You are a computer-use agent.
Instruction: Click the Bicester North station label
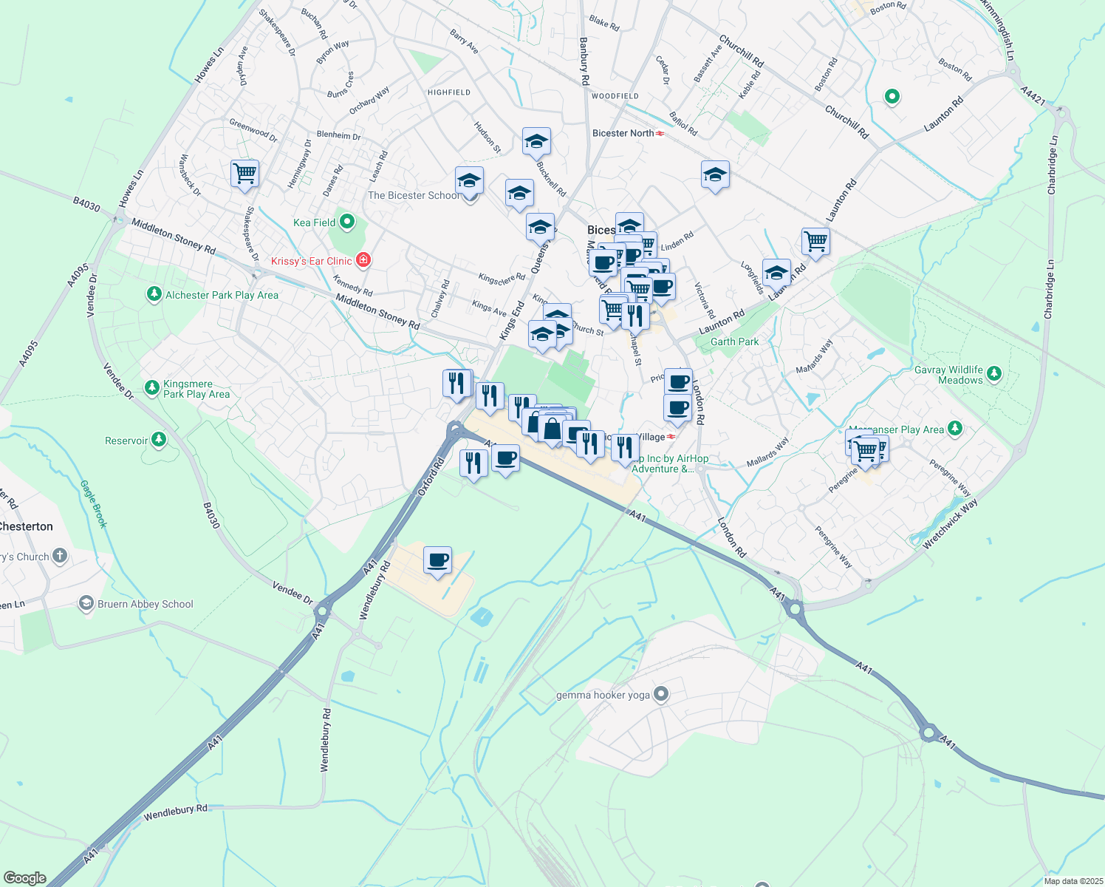(x=623, y=133)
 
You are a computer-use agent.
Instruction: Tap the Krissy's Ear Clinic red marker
(x=363, y=260)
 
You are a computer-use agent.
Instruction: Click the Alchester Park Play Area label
(x=222, y=295)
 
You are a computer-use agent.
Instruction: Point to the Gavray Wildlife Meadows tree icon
(x=994, y=373)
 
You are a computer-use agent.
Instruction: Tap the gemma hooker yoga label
(x=602, y=695)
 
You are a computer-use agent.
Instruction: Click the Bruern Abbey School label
(x=146, y=604)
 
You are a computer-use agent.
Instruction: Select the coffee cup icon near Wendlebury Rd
(x=437, y=560)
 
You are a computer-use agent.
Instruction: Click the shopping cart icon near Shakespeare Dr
(x=244, y=174)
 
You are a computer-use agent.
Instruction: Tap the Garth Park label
(x=734, y=341)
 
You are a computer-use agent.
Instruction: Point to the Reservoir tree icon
(x=158, y=441)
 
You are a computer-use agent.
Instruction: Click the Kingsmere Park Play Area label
(x=196, y=389)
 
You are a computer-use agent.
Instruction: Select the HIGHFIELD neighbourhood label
(x=449, y=92)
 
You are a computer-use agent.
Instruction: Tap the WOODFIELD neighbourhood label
(x=615, y=96)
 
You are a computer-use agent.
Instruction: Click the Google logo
(x=24, y=877)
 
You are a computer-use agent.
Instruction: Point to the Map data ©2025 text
(x=1073, y=881)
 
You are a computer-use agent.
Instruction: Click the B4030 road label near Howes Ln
(x=86, y=204)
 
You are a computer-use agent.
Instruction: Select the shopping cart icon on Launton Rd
(x=815, y=240)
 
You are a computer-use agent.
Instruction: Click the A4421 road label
(x=1033, y=94)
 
